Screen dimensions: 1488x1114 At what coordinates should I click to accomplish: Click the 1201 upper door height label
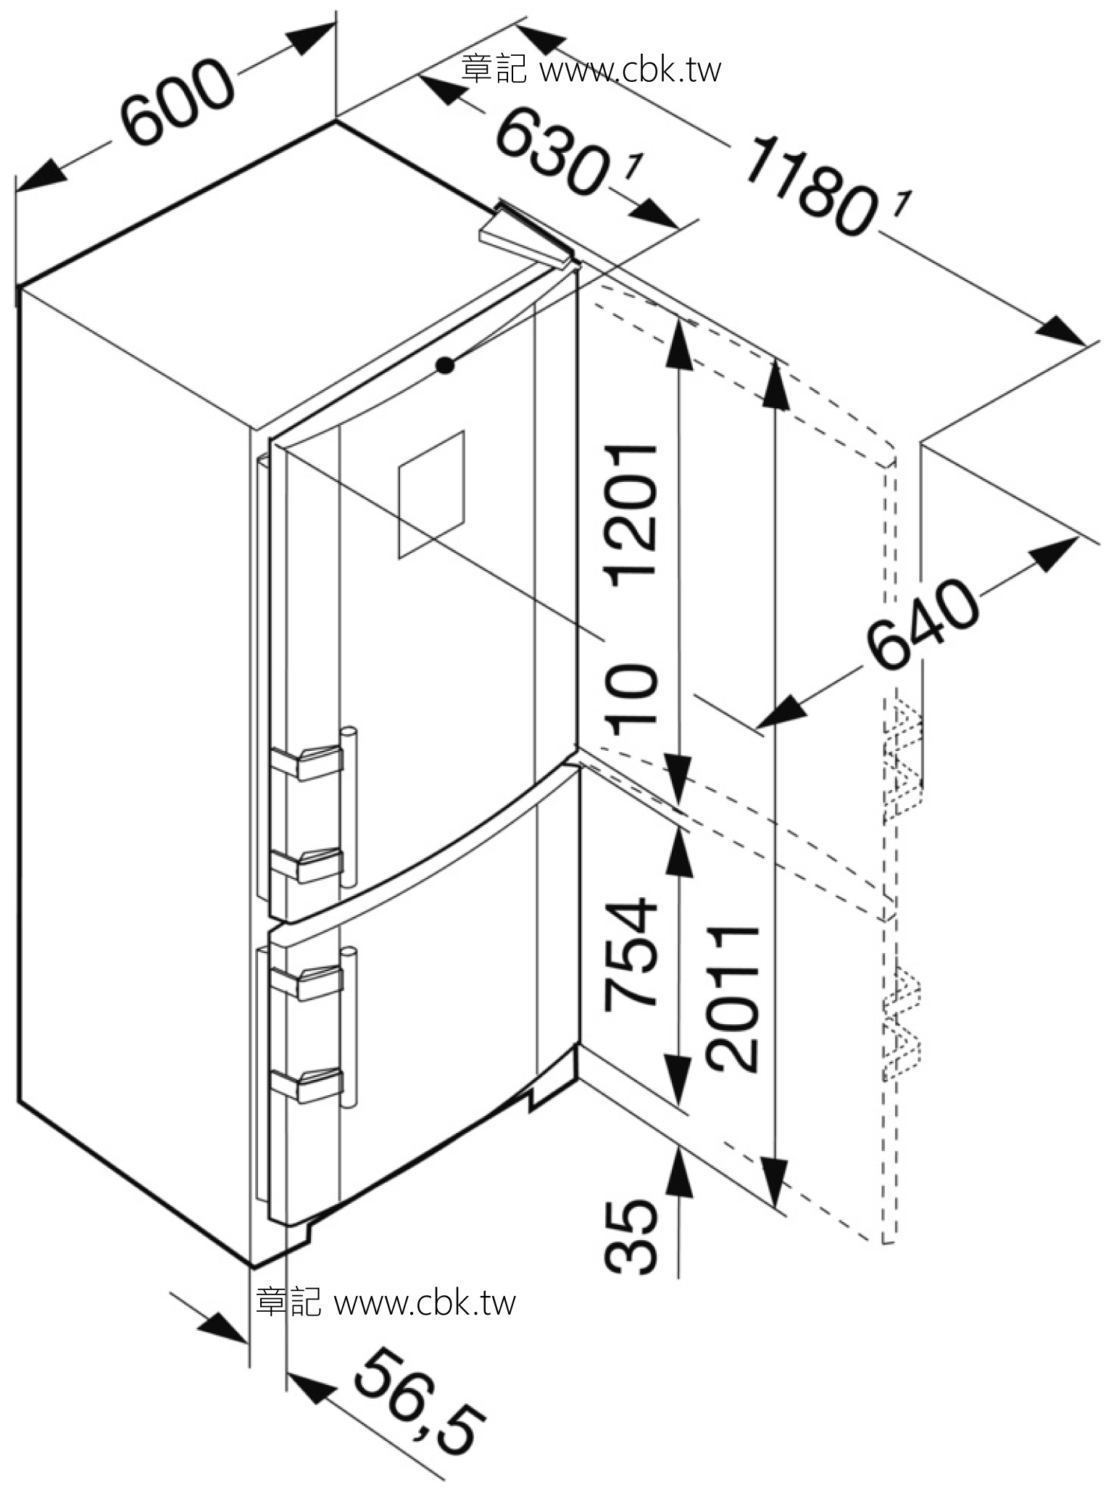coord(632,515)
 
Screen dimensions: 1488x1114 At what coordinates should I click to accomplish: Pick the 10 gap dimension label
coord(632,700)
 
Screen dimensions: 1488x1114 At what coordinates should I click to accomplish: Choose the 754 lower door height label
coord(632,953)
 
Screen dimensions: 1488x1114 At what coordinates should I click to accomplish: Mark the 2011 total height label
coord(733,999)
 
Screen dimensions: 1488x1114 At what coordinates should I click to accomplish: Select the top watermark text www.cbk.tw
coord(631,70)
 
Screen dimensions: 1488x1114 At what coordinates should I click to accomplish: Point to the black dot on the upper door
coord(446,366)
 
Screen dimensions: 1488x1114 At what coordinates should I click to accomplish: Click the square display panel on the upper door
coord(431,495)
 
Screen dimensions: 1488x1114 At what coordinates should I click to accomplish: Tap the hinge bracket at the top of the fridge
coord(525,236)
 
